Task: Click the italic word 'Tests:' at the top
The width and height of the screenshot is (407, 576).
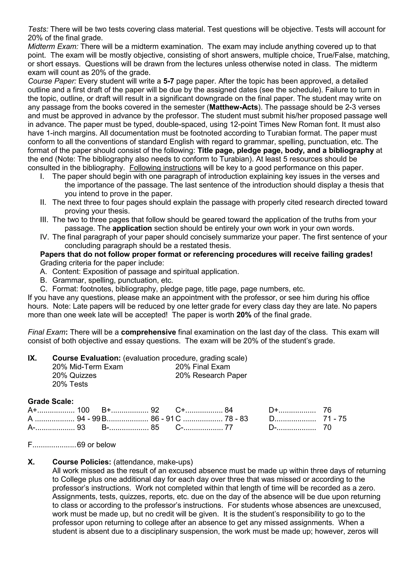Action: (38, 29)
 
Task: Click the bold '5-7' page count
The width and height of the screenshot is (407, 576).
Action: (168, 81)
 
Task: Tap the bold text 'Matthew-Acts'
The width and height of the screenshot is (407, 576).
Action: (234, 107)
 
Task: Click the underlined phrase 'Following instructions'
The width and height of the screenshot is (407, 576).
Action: (165, 168)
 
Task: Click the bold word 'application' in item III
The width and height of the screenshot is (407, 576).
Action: (132, 228)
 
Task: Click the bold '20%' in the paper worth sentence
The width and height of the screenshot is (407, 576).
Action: (244, 315)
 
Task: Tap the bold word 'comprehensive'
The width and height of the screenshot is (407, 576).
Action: (148, 332)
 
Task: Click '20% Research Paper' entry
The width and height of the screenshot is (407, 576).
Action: (211, 375)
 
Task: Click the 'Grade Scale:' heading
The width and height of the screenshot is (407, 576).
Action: (51, 401)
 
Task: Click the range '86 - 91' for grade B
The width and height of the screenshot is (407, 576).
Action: (162, 419)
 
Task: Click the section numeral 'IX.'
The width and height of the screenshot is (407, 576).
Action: (32, 358)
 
